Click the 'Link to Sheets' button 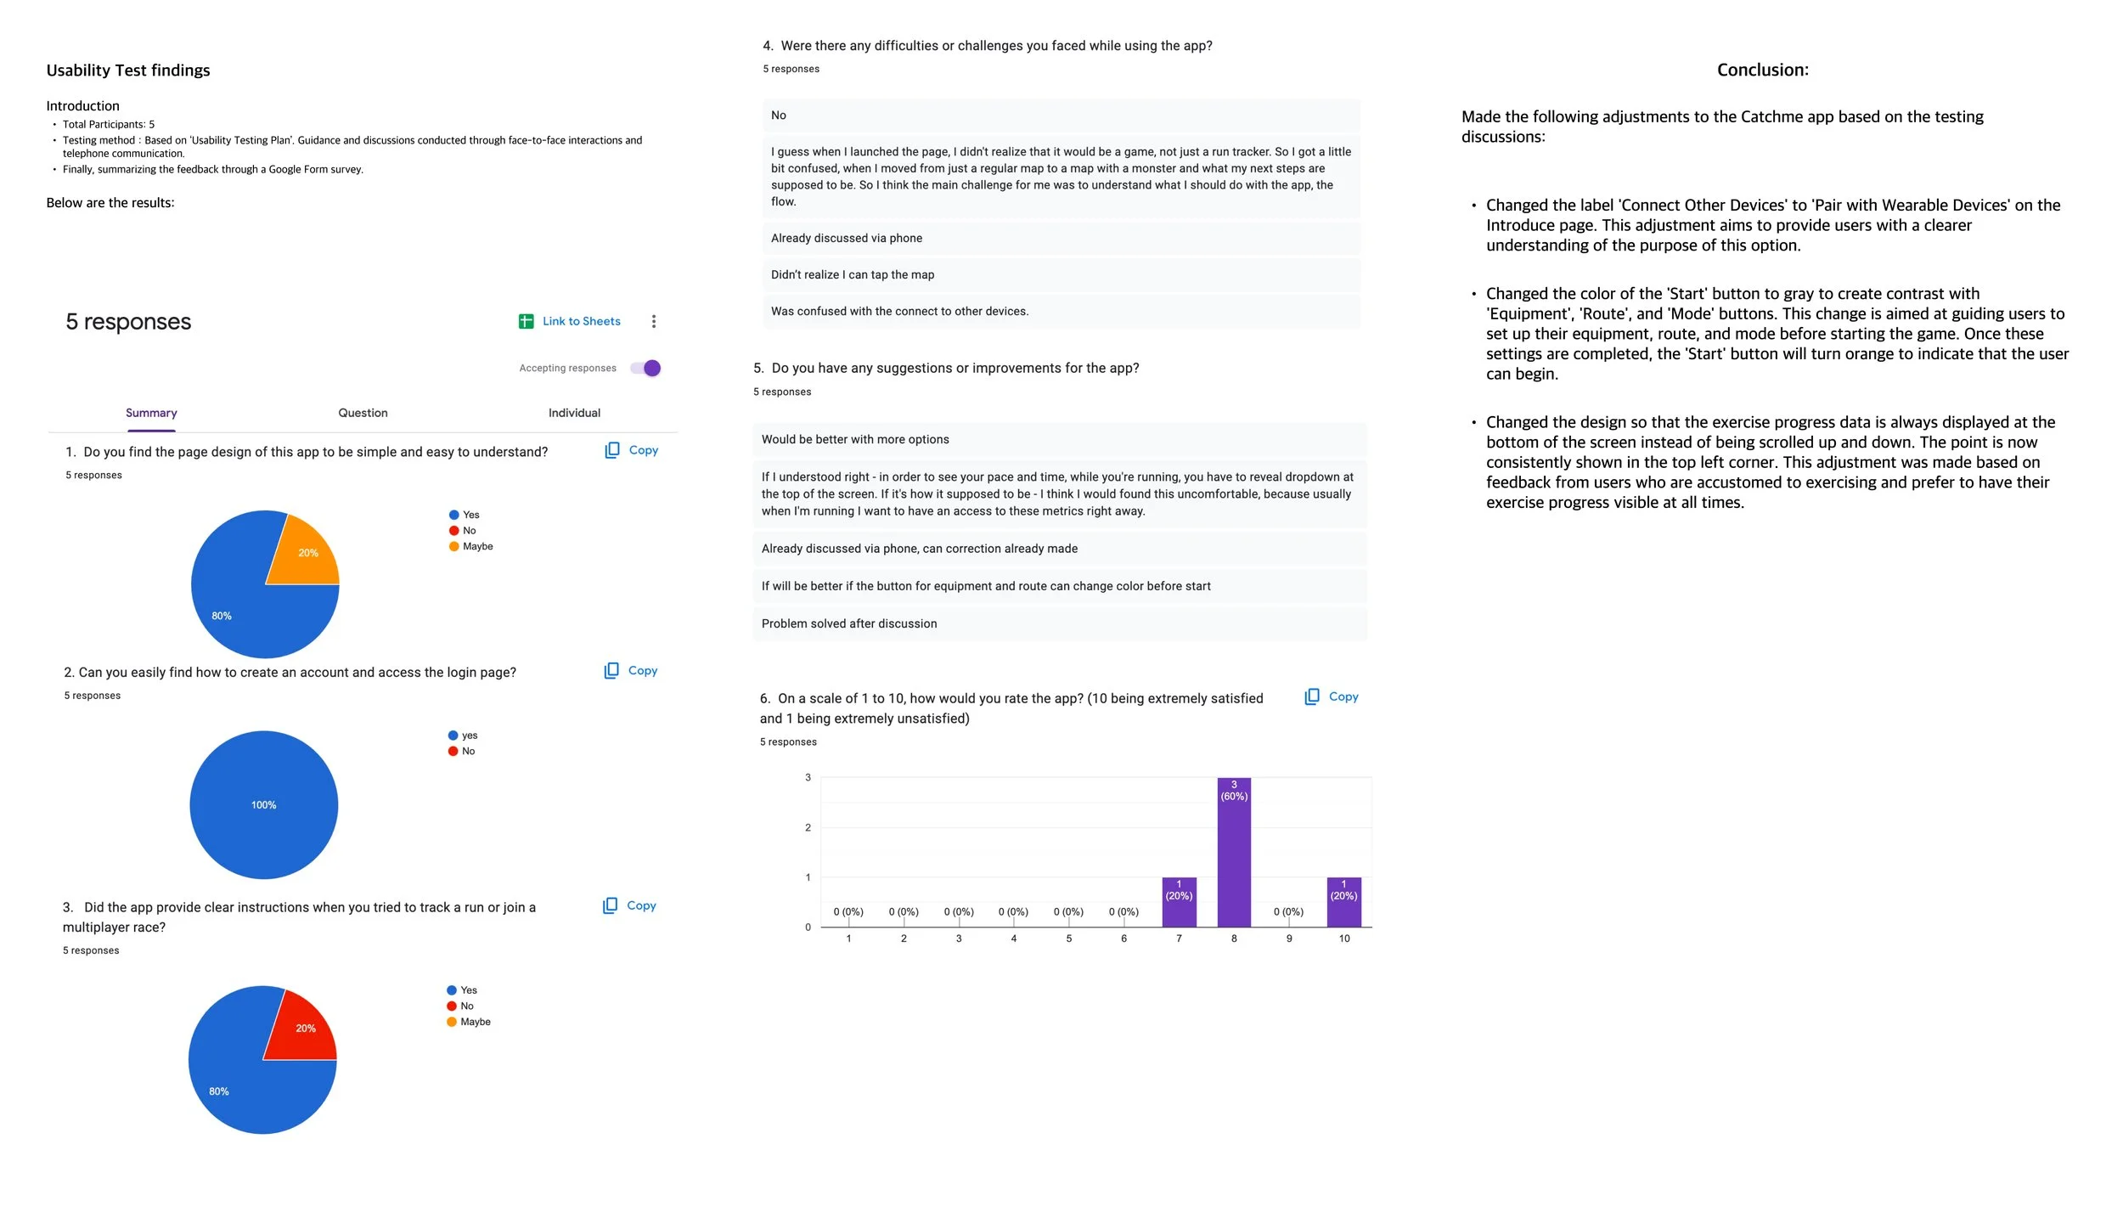coord(570,321)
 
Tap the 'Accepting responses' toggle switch coord(645,368)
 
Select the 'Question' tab coord(363,413)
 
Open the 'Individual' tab coord(574,413)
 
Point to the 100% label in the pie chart coord(263,805)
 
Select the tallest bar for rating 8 coord(1234,854)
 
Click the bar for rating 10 coord(1343,902)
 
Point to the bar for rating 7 coord(1179,902)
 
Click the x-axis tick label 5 coord(1069,939)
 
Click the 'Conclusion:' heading coord(1762,70)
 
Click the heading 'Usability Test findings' coord(128,70)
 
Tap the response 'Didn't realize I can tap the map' coord(853,274)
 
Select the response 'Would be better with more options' coord(855,439)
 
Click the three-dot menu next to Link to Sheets coord(654,321)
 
